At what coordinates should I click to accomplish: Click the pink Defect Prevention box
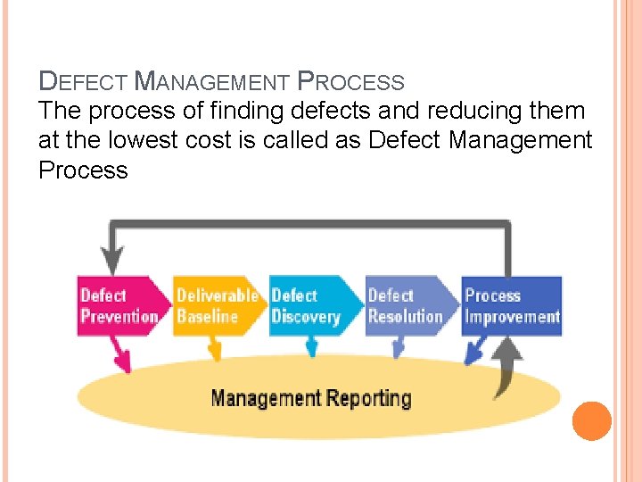coord(118,306)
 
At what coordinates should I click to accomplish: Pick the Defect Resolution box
coord(407,306)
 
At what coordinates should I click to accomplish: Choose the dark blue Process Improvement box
coord(512,306)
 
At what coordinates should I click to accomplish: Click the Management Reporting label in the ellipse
coord(311,398)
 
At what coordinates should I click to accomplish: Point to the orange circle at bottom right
coord(591,420)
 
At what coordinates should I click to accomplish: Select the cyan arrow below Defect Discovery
coord(312,347)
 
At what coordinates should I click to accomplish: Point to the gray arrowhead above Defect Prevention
coord(113,261)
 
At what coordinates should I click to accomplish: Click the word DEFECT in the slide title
coord(84,82)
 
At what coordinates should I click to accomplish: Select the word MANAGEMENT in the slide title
coord(210,82)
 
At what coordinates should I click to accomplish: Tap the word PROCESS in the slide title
coord(350,82)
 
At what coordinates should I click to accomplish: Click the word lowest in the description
coord(145,140)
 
